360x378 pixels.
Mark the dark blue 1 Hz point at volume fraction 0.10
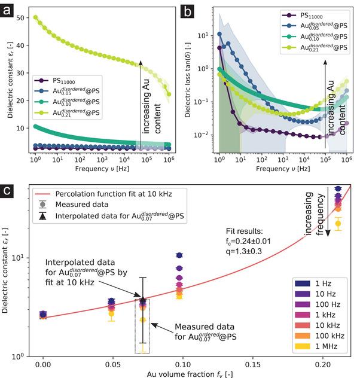(x=179, y=255)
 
